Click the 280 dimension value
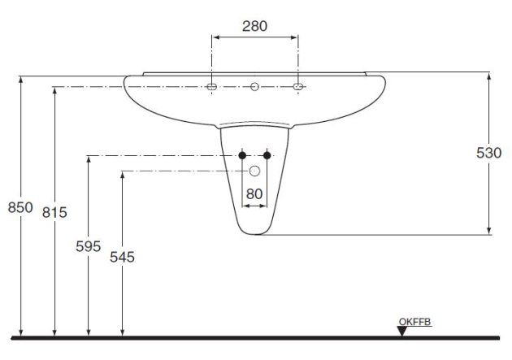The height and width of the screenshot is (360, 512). (254, 26)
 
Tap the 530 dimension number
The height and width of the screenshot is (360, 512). (488, 153)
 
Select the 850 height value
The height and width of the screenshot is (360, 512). (20, 207)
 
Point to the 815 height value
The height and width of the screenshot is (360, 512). (54, 212)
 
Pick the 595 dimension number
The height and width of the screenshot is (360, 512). (88, 246)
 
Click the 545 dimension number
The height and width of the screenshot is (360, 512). (122, 257)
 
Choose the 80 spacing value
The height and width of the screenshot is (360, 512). (254, 194)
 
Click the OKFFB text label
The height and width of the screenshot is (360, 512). (414, 322)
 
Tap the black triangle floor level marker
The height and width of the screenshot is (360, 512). (402, 331)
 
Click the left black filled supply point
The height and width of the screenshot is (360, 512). (242, 155)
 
